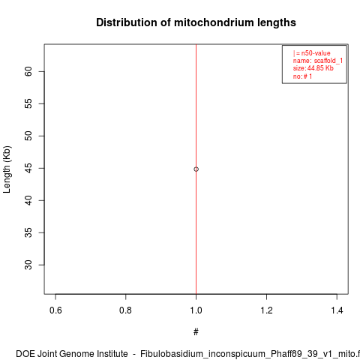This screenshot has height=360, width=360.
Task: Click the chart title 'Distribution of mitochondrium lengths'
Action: [196, 22]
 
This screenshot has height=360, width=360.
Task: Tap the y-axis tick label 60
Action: [28, 71]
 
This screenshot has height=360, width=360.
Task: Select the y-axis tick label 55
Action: [28, 103]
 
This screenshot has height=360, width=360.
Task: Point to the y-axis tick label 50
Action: [28, 136]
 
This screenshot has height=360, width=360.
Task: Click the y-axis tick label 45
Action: [28, 168]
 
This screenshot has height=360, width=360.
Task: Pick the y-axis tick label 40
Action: [28, 200]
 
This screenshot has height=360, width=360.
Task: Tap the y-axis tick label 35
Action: [28, 232]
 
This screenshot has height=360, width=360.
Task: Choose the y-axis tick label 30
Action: [28, 265]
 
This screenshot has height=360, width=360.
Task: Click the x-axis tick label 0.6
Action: [55, 310]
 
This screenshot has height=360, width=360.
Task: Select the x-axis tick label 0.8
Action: [125, 310]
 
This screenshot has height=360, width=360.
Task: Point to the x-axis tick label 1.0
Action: [196, 310]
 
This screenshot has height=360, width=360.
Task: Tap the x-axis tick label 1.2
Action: [266, 310]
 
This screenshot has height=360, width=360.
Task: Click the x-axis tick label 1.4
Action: [337, 310]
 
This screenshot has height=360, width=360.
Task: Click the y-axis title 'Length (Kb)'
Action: [7, 169]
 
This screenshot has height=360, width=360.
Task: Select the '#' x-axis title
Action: [196, 332]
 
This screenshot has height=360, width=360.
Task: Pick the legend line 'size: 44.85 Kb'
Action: [313, 68]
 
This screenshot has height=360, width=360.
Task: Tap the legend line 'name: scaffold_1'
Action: [318, 61]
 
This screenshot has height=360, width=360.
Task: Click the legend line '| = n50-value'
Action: [312, 53]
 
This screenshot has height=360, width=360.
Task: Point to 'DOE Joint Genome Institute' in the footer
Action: [72, 354]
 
